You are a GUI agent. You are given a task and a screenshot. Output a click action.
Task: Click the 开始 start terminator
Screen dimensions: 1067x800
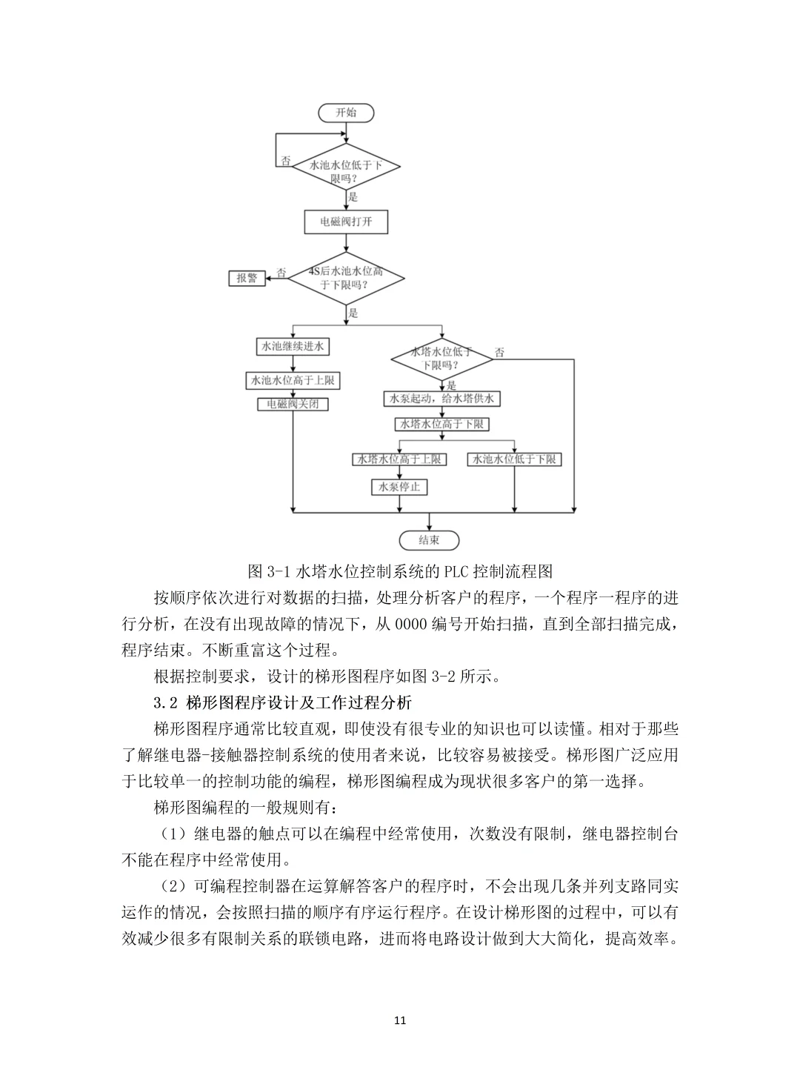coord(346,113)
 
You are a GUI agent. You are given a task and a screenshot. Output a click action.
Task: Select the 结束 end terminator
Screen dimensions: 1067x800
coord(429,540)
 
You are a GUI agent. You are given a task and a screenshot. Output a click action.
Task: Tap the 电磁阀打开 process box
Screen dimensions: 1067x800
coord(346,222)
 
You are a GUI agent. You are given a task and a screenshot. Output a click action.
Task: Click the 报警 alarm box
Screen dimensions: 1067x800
coord(247,278)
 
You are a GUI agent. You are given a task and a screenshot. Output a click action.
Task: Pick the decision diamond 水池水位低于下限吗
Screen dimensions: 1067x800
coord(346,171)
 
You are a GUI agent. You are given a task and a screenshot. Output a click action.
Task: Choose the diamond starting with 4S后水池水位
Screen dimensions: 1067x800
coord(346,278)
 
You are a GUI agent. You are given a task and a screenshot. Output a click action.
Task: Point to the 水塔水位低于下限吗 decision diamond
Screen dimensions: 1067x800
coord(441,359)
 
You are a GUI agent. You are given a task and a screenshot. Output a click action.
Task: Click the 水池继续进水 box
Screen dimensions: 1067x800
coord(293,347)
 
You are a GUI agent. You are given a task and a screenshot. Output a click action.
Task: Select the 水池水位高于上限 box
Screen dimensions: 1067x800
coord(293,381)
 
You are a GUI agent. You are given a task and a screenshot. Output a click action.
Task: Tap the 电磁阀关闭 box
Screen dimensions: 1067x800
coord(293,405)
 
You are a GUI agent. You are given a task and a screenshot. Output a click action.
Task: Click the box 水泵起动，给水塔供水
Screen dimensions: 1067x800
coord(441,399)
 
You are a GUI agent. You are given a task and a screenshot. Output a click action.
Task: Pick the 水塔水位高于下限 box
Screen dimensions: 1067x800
coord(441,424)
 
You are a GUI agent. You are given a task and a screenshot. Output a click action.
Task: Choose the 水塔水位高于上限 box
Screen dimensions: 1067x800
coord(399,459)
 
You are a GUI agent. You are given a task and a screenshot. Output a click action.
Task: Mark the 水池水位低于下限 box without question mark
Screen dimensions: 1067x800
coord(515,459)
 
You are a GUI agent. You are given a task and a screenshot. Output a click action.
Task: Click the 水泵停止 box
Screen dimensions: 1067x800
coord(399,487)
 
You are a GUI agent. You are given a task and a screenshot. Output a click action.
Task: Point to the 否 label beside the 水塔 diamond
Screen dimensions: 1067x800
coord(500,353)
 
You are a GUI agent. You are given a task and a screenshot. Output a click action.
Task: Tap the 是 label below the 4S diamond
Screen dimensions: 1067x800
coord(353,313)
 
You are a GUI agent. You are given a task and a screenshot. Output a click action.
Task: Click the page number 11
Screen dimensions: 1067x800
coord(400,1020)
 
